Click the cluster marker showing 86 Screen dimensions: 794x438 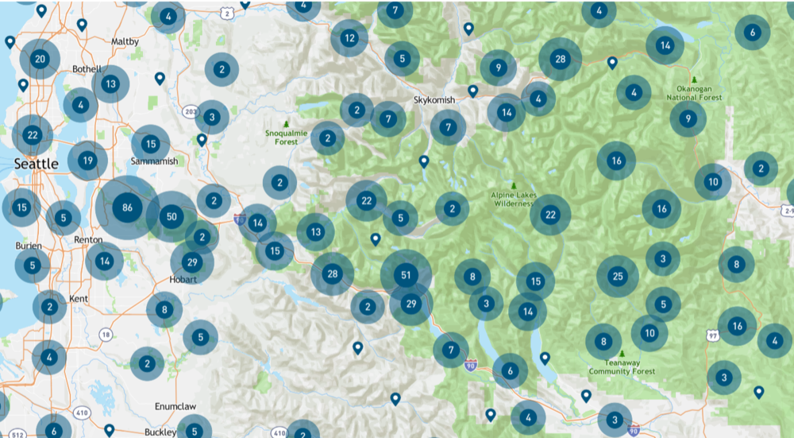pos(126,208)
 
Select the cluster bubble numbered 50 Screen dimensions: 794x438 pos(172,216)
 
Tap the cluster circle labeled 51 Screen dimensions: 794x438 pos(406,275)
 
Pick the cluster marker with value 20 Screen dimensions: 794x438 pos(40,59)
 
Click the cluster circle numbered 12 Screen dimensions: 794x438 pos(349,37)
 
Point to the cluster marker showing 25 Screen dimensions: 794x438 pos(618,276)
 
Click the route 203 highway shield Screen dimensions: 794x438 pos(188,110)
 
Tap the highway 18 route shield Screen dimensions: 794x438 pos(106,335)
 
